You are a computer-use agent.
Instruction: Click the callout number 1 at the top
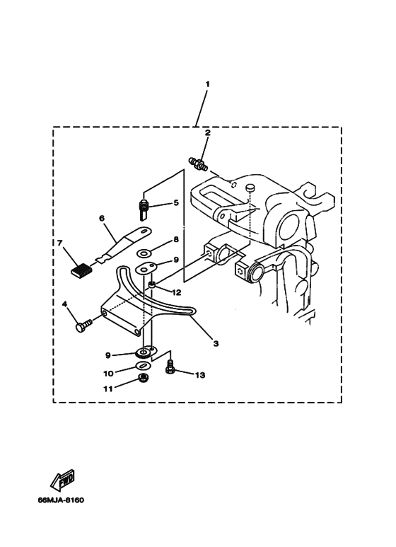click(x=207, y=84)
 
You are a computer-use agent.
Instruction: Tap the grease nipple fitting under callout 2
click(x=198, y=163)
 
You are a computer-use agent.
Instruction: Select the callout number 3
click(x=216, y=344)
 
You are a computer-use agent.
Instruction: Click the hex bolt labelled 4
click(x=83, y=325)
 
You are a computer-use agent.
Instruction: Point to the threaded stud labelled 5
click(x=144, y=210)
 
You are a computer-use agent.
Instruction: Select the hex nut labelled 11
click(x=142, y=377)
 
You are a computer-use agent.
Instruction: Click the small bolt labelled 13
click(x=170, y=367)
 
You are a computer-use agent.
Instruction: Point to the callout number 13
click(x=200, y=375)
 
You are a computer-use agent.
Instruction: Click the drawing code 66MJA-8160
click(x=61, y=500)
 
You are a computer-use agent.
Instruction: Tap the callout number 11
click(x=108, y=388)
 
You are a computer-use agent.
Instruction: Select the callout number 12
click(x=177, y=293)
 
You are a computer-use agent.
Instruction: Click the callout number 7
click(x=60, y=243)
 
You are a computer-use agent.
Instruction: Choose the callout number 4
click(x=64, y=304)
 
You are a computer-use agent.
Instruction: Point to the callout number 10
click(x=108, y=374)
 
